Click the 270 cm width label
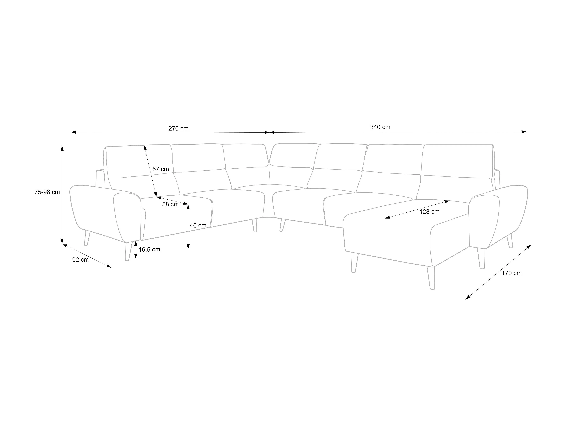[178, 128]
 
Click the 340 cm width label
[380, 127]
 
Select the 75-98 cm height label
[47, 192]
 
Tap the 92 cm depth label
[80, 260]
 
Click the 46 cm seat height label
[198, 225]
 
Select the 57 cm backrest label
[160, 169]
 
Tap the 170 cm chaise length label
[511, 273]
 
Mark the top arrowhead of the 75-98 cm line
[62, 148]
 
